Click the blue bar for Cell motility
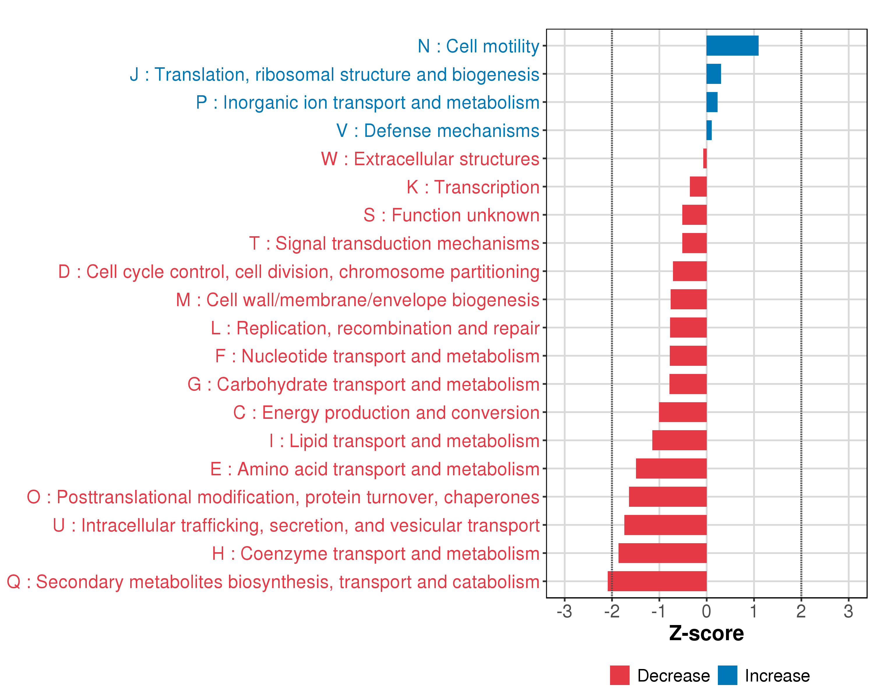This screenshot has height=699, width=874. point(732,45)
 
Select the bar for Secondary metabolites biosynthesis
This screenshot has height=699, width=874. point(657,581)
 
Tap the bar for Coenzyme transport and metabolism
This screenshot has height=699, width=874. point(662,553)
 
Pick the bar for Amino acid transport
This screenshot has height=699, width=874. point(671,468)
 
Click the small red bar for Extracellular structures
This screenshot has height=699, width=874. point(705,158)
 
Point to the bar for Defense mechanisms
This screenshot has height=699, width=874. point(709,130)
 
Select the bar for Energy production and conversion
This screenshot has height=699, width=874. point(683,412)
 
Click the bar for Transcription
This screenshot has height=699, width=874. point(698,187)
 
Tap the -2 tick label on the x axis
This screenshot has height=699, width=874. point(612,611)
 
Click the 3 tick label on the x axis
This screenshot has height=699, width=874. point(848,611)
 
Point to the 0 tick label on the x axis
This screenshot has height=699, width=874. point(706,611)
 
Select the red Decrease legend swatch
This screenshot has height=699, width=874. point(619,675)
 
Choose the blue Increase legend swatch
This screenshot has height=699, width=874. point(727,675)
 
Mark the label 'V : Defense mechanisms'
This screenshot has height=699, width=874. point(438,131)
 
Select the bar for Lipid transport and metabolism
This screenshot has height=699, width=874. point(679,440)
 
